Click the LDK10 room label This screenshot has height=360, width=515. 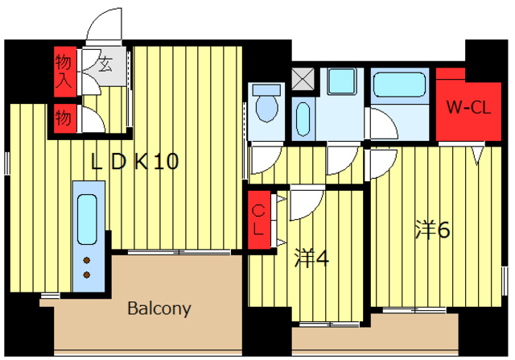(134, 161)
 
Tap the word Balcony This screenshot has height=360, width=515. (159, 308)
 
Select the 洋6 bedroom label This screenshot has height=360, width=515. (432, 230)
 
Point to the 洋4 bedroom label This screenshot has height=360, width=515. (311, 258)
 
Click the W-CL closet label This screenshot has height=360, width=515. (468, 107)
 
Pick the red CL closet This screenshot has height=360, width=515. (259, 220)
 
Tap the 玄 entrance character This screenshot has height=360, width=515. (105, 64)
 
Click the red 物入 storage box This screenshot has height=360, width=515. (65, 72)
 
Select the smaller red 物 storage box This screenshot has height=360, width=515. (65, 118)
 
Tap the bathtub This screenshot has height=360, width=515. (399, 85)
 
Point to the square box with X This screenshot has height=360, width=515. (303, 79)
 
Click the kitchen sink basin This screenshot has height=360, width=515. (88, 219)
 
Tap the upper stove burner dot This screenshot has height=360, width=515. (87, 261)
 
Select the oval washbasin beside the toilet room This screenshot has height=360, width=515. (303, 118)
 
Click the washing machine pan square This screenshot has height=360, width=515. (342, 81)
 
